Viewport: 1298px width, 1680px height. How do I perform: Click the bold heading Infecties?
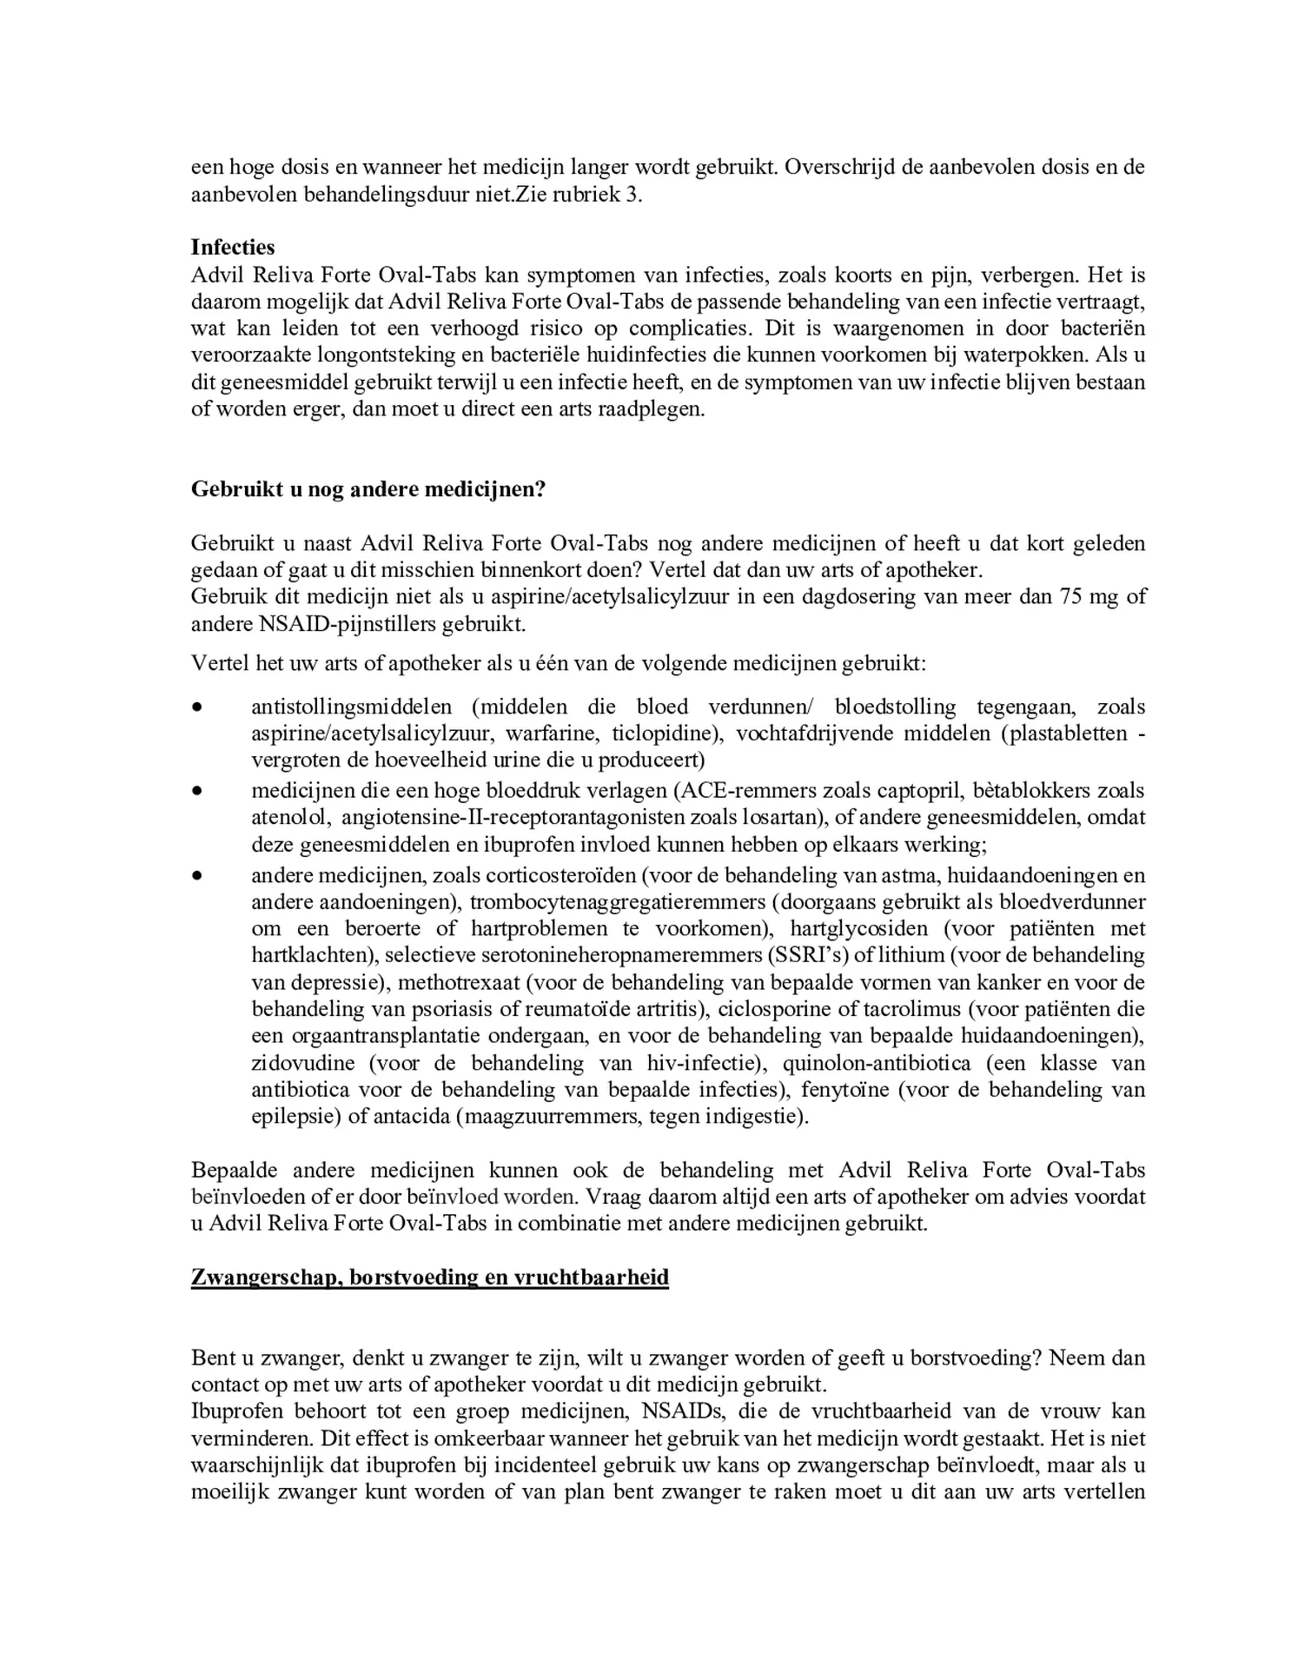click(x=232, y=248)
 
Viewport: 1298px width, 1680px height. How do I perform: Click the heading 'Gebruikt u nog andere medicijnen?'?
click(x=368, y=489)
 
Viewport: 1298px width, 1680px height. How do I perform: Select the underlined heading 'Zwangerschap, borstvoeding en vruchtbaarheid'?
click(x=429, y=1278)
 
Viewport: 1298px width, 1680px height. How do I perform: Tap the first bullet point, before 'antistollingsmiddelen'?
click(x=198, y=707)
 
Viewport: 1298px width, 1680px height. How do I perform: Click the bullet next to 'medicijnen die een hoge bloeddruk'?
click(x=198, y=791)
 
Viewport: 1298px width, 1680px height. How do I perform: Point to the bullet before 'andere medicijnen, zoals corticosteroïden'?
click(x=198, y=875)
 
